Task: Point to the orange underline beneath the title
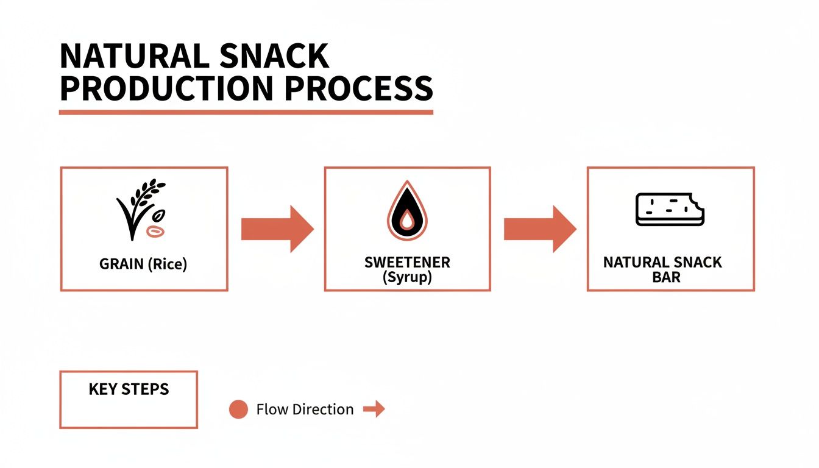pyautogui.click(x=246, y=112)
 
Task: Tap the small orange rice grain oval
pyautogui.click(x=156, y=231)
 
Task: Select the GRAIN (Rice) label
pyautogui.click(x=143, y=265)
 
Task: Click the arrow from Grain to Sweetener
pyautogui.click(x=277, y=229)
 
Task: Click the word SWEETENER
pyautogui.click(x=407, y=263)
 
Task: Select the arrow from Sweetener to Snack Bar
pyautogui.click(x=539, y=229)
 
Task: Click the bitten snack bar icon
pyautogui.click(x=669, y=209)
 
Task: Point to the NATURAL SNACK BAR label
pyautogui.click(x=662, y=269)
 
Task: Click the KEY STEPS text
pyautogui.click(x=129, y=389)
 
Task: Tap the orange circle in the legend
pyautogui.click(x=238, y=409)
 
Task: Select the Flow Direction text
pyautogui.click(x=305, y=409)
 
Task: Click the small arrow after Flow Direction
pyautogui.click(x=374, y=409)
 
